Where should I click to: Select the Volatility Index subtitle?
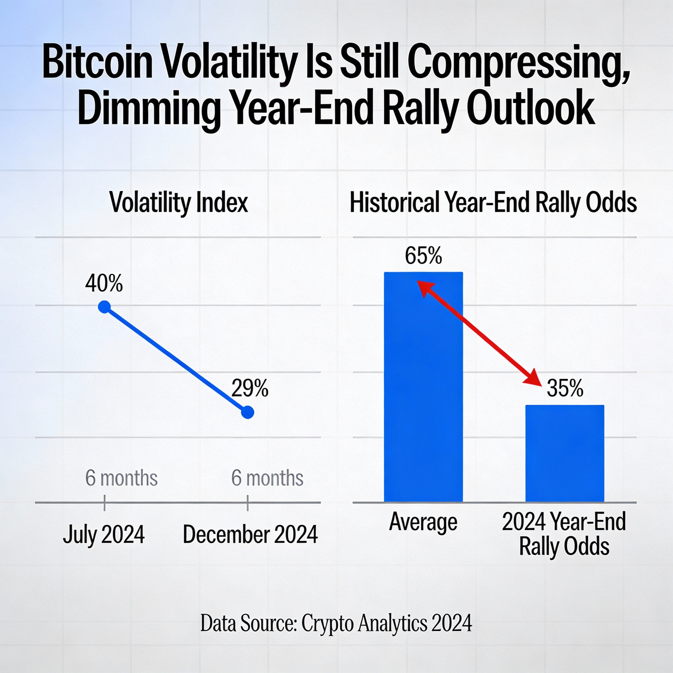click(x=179, y=202)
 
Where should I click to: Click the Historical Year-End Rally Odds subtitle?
click(x=493, y=202)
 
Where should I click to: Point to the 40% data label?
click(x=104, y=283)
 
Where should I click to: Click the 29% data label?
click(x=250, y=388)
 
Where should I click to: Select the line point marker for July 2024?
click(x=104, y=307)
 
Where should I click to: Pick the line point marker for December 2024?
click(x=248, y=412)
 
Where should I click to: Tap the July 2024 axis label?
click(x=104, y=534)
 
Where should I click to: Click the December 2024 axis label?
click(x=250, y=534)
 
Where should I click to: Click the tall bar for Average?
click(x=423, y=401)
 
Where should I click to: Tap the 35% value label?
click(x=565, y=388)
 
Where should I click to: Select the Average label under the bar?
click(x=423, y=522)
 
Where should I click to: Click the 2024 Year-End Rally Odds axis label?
click(x=564, y=534)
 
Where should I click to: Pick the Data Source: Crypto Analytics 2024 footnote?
click(x=336, y=623)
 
